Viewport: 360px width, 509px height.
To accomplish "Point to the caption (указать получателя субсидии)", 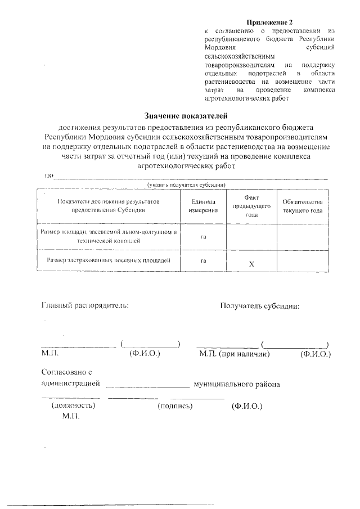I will coord(186,184).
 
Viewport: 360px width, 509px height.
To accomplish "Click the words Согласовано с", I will coord(66,372).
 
